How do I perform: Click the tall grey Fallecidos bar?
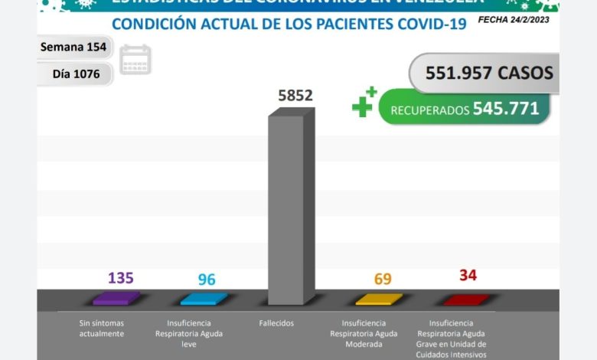pos(291,207)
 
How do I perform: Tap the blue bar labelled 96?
pos(203,299)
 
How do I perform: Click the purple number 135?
pos(120,277)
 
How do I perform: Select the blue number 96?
pos(207,279)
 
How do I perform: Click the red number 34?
pos(468,275)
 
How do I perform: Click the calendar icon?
pos(135,60)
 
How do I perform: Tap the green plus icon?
pos(364,103)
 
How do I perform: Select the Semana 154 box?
pos(74,47)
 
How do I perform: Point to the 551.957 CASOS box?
pos(482,73)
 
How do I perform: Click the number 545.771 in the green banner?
pos(506,109)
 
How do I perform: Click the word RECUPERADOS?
pos(429,110)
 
